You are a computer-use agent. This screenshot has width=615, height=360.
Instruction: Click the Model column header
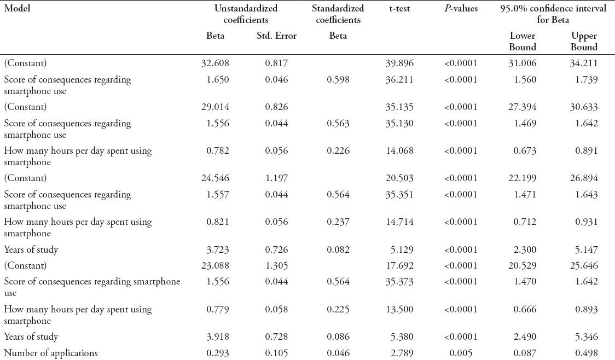click(x=17, y=9)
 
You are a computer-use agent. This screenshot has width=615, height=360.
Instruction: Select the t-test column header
click(x=399, y=9)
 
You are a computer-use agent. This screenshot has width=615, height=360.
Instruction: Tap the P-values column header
click(x=461, y=9)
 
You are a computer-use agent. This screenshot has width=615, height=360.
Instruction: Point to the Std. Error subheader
click(x=276, y=36)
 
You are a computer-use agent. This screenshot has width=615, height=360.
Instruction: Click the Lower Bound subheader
click(x=522, y=42)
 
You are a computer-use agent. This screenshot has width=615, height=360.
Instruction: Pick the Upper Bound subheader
click(x=584, y=42)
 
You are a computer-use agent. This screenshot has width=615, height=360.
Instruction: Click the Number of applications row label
click(x=51, y=353)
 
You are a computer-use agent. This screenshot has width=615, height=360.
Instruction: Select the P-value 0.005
click(x=461, y=353)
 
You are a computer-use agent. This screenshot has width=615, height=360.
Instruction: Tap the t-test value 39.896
click(x=399, y=63)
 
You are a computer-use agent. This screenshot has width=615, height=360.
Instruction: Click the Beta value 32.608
click(x=215, y=63)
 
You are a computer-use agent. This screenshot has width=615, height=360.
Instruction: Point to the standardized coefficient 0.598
click(x=338, y=79)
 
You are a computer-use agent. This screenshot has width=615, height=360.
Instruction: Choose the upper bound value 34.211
click(x=584, y=63)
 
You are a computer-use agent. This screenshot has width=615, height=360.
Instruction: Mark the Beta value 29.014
click(x=215, y=107)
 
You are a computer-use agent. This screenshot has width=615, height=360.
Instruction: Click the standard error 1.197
click(x=276, y=178)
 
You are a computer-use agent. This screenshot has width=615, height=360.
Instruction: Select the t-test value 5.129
click(x=402, y=249)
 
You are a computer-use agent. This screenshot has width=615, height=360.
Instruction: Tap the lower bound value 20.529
click(x=523, y=265)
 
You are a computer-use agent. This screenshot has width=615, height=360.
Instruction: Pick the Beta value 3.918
click(x=217, y=336)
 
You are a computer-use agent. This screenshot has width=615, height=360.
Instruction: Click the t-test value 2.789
click(x=402, y=353)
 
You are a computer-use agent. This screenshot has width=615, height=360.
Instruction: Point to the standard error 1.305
click(x=276, y=265)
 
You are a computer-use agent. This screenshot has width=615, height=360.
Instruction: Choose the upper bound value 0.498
click(x=586, y=353)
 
